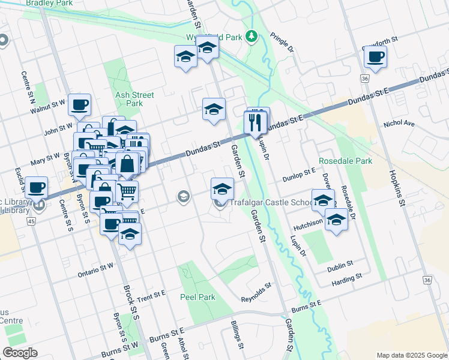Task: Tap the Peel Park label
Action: coord(197,297)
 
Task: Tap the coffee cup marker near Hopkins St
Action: coord(375,57)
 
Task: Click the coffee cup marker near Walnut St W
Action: coord(79,106)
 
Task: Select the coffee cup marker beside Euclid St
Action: coord(37,188)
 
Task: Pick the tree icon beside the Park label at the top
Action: coord(252,37)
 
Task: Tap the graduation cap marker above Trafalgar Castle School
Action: coord(222,189)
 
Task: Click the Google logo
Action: coord(20,352)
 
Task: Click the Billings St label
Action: coord(237,334)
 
